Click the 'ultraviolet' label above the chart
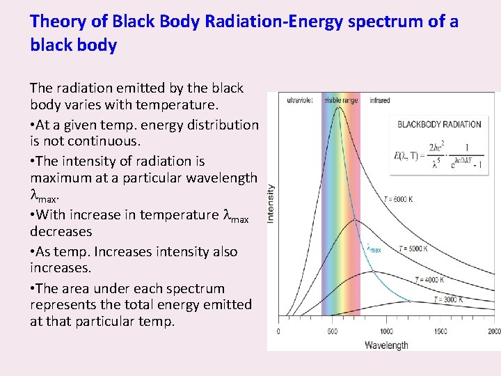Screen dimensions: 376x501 pos(300,100)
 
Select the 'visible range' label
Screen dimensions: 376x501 pos(341,100)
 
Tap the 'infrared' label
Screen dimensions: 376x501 pos(380,100)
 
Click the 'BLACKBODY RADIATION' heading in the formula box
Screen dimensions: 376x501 pos(439,125)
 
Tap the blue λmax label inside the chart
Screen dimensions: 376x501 pos(374,248)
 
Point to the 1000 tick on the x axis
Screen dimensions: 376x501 pos(385,331)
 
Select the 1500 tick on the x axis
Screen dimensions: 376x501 pos(440,331)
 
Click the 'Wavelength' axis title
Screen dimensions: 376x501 pos(386,345)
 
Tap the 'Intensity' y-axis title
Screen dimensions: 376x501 pos(271,203)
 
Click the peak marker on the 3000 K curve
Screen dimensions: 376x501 pos(409,301)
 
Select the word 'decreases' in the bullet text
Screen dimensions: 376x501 pos(61,231)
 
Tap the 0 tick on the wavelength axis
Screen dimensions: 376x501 pos(278,331)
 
